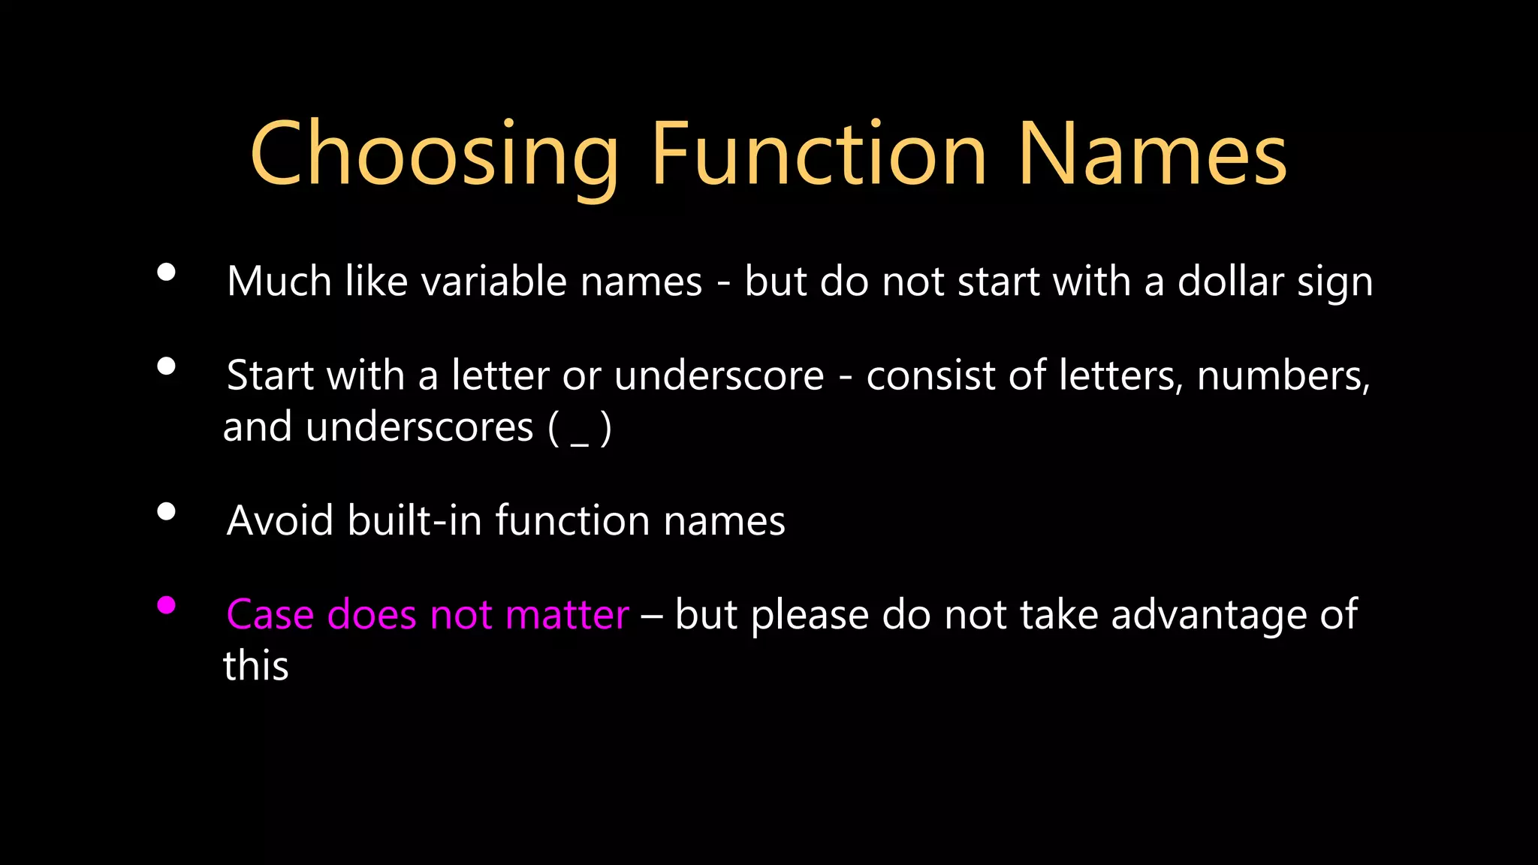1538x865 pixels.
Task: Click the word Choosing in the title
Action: (434, 155)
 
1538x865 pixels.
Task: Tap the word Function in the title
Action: (819, 155)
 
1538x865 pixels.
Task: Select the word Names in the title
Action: (1152, 155)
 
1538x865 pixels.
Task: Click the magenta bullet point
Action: (167, 605)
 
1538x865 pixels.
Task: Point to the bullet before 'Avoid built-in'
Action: (167, 512)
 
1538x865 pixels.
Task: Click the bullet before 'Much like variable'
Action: (167, 273)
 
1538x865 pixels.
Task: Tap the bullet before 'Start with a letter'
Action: (167, 366)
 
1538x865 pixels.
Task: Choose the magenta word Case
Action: (270, 614)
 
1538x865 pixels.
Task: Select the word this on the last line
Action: (256, 666)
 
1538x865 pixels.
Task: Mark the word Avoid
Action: (280, 520)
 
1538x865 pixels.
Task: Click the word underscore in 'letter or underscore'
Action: (719, 375)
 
